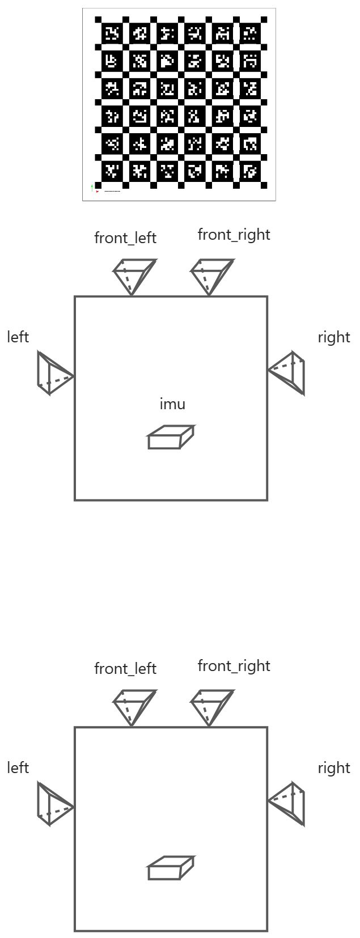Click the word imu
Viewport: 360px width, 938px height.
[x=172, y=404]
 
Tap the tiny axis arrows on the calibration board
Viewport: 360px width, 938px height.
[x=93, y=188]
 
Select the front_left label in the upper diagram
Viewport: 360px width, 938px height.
[x=125, y=238]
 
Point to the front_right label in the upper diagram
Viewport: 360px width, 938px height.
[x=234, y=234]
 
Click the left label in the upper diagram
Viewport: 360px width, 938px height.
[x=18, y=337]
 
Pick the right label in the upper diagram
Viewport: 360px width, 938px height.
[x=334, y=337]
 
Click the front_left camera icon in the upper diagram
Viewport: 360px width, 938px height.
[x=134, y=275]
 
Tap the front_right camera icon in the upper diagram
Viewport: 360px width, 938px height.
[x=211, y=275]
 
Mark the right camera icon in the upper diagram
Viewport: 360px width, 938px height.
[x=289, y=372]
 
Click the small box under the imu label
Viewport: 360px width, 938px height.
[x=170, y=438]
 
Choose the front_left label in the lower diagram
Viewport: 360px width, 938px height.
[x=125, y=669]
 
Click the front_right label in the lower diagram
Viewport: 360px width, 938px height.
[x=234, y=665]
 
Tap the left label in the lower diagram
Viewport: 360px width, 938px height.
[x=18, y=767]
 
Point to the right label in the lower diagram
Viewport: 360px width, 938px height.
[x=334, y=768]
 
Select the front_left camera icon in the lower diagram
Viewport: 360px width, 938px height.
[x=134, y=706]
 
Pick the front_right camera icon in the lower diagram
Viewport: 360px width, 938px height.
[x=211, y=706]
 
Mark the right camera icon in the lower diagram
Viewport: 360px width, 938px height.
[x=289, y=803]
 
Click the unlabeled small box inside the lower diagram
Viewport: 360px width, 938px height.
[x=170, y=868]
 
